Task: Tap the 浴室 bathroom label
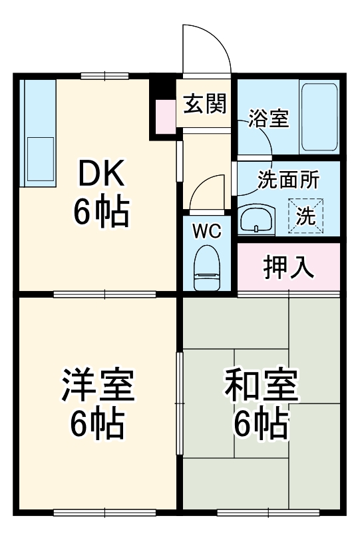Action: tap(269, 119)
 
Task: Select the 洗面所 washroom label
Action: tap(288, 179)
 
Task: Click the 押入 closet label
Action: tap(288, 267)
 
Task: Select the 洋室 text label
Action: tap(98, 386)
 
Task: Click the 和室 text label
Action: tap(261, 386)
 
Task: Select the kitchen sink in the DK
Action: tap(39, 160)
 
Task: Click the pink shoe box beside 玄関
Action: tap(163, 115)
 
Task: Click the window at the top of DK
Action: tap(105, 75)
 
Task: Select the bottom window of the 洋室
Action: tap(104, 511)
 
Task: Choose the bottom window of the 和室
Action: tap(268, 511)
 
